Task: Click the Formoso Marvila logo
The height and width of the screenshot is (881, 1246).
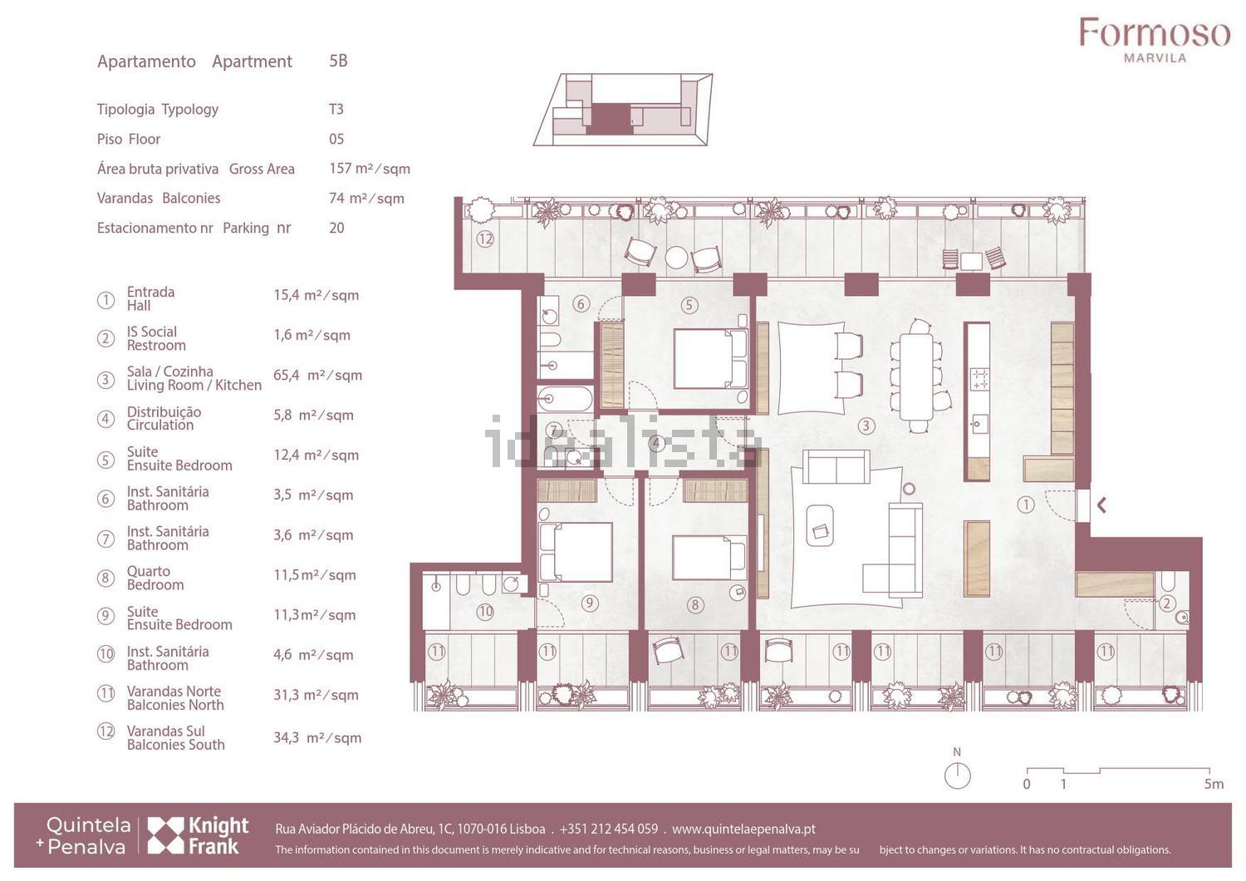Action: coord(1155,40)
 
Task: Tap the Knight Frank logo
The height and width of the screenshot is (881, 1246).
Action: coord(198,834)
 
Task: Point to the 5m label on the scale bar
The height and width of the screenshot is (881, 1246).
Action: coord(1214,784)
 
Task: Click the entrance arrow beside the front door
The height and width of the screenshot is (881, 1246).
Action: coord(1101,505)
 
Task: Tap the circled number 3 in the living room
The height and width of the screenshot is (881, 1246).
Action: coord(866,426)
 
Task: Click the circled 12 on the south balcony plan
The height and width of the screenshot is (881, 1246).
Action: coord(485,239)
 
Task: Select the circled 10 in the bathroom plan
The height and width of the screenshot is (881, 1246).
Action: coord(486,612)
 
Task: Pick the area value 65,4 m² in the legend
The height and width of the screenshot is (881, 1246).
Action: coord(317,376)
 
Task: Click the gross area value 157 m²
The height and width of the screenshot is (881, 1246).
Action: coord(370,169)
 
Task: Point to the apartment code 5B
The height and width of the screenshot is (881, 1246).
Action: coord(338,60)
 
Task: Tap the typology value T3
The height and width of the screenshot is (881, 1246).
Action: coord(336,109)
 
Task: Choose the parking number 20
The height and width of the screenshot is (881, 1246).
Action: coord(336,229)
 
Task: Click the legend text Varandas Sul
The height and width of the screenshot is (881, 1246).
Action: coord(166,731)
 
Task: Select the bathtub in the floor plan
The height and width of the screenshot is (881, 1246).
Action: coord(565,399)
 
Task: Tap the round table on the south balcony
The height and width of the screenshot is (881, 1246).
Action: coord(676,258)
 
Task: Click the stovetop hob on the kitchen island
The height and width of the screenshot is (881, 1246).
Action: coord(979,379)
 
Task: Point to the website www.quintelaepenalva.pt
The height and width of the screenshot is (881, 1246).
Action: coord(743,829)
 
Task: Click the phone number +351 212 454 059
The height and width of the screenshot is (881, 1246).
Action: coord(609,829)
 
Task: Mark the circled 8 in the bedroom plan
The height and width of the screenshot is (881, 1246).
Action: coord(694,605)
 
